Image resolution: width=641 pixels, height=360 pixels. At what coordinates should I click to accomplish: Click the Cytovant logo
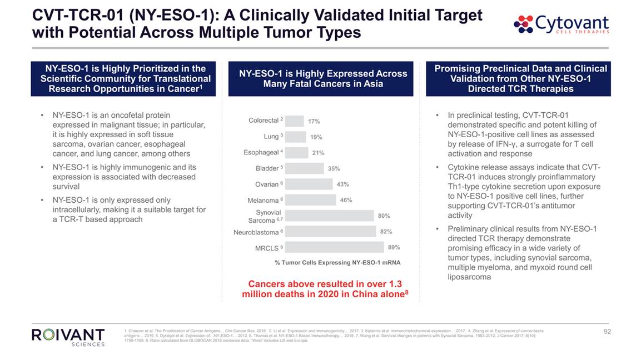(x=562, y=24)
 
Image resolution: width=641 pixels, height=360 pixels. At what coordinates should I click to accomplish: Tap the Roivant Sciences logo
(x=68, y=337)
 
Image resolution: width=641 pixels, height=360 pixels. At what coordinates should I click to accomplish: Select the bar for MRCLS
(x=335, y=247)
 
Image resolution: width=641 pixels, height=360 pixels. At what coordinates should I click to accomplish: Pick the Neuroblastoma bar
(x=331, y=231)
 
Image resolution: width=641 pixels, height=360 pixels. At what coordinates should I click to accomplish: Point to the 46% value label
(x=346, y=200)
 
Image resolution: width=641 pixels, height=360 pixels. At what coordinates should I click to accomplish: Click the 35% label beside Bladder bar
(x=334, y=168)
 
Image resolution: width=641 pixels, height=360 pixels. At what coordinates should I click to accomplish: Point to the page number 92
(x=607, y=332)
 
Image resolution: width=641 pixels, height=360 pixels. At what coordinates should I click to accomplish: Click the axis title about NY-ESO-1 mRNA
(x=337, y=262)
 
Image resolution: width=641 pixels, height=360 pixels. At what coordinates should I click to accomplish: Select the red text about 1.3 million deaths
(x=325, y=289)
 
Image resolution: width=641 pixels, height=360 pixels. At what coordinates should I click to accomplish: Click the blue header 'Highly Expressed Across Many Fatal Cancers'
(x=323, y=79)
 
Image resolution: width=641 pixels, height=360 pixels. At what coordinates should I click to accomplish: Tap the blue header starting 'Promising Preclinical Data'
(x=520, y=78)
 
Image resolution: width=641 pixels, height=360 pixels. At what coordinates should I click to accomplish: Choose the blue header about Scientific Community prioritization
(x=124, y=78)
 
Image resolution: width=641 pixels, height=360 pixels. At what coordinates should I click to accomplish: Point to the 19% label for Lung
(x=316, y=137)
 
